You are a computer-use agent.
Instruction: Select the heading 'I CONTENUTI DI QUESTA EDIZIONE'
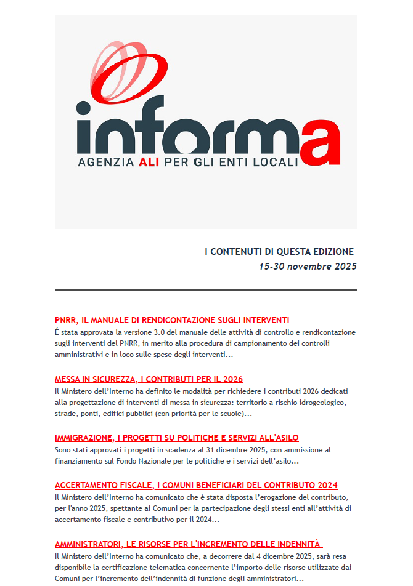279,251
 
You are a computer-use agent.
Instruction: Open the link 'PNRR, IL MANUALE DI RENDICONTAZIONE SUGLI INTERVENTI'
172,320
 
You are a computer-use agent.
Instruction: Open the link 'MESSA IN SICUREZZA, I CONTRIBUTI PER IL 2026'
149,379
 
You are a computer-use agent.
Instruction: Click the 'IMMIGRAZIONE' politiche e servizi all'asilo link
176,438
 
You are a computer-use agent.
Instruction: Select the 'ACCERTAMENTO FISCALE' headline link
196,485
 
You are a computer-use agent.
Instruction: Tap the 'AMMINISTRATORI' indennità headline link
187,544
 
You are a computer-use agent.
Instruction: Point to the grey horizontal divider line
205,289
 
